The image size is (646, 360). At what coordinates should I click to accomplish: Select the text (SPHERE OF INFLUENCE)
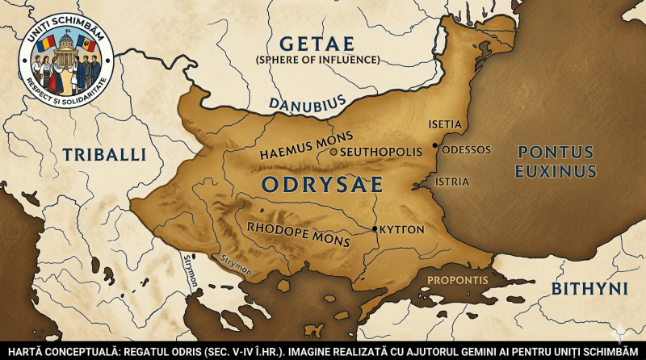(317, 61)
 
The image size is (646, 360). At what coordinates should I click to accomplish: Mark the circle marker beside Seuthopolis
(333, 151)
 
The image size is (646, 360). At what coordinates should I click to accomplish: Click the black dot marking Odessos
(434, 146)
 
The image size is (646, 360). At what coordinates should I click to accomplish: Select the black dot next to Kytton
(374, 229)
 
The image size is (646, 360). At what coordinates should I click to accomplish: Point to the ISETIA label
(445, 123)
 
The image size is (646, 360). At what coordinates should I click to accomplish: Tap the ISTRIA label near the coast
(451, 182)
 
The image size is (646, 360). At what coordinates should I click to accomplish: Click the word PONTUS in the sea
(556, 152)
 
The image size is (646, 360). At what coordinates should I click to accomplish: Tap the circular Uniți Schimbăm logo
(65, 61)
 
